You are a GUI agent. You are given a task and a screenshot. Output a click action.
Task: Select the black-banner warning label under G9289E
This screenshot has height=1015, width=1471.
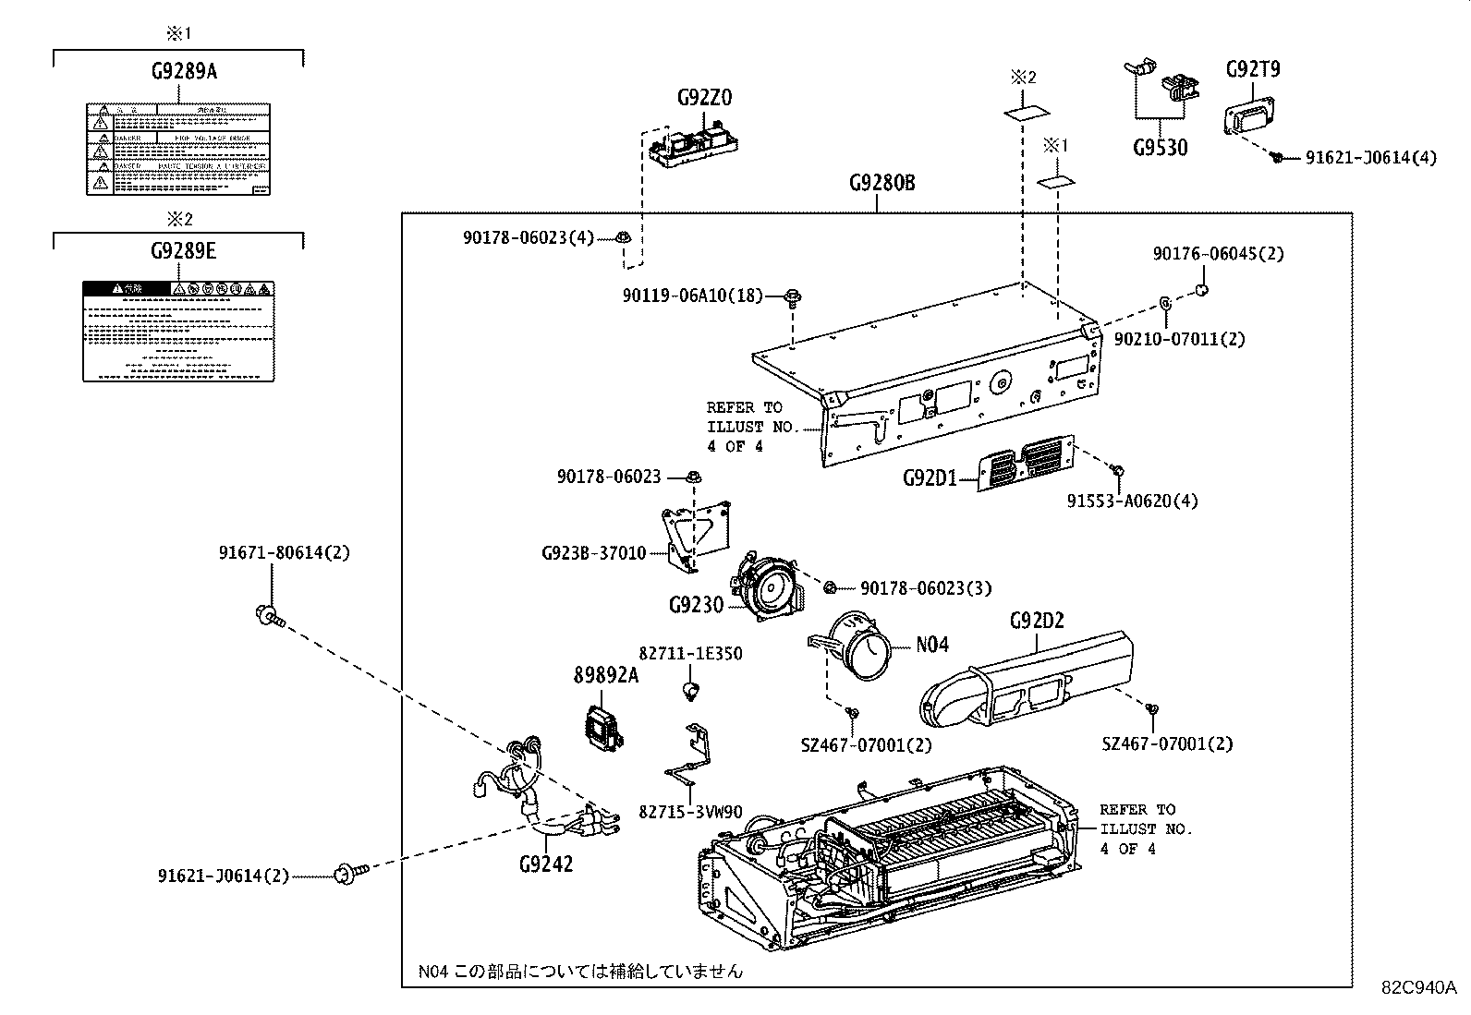point(178,332)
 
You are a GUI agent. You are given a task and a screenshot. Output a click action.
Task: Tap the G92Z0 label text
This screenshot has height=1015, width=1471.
point(704,98)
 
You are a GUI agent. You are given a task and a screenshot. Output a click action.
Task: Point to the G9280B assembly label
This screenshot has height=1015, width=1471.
point(881,182)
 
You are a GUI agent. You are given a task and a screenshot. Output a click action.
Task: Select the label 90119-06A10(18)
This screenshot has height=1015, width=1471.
point(692,296)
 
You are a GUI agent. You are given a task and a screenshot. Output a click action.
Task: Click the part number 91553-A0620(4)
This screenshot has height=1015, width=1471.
point(1132,501)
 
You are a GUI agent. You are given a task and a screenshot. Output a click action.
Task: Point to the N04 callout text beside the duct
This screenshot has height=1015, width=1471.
point(931,645)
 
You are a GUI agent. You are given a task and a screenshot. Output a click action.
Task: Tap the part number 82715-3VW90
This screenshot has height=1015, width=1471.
point(690,812)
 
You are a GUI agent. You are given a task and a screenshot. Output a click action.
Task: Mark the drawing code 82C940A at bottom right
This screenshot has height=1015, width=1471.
point(1418,986)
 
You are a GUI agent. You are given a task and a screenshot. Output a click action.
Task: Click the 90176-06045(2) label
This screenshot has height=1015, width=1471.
point(1217,254)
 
